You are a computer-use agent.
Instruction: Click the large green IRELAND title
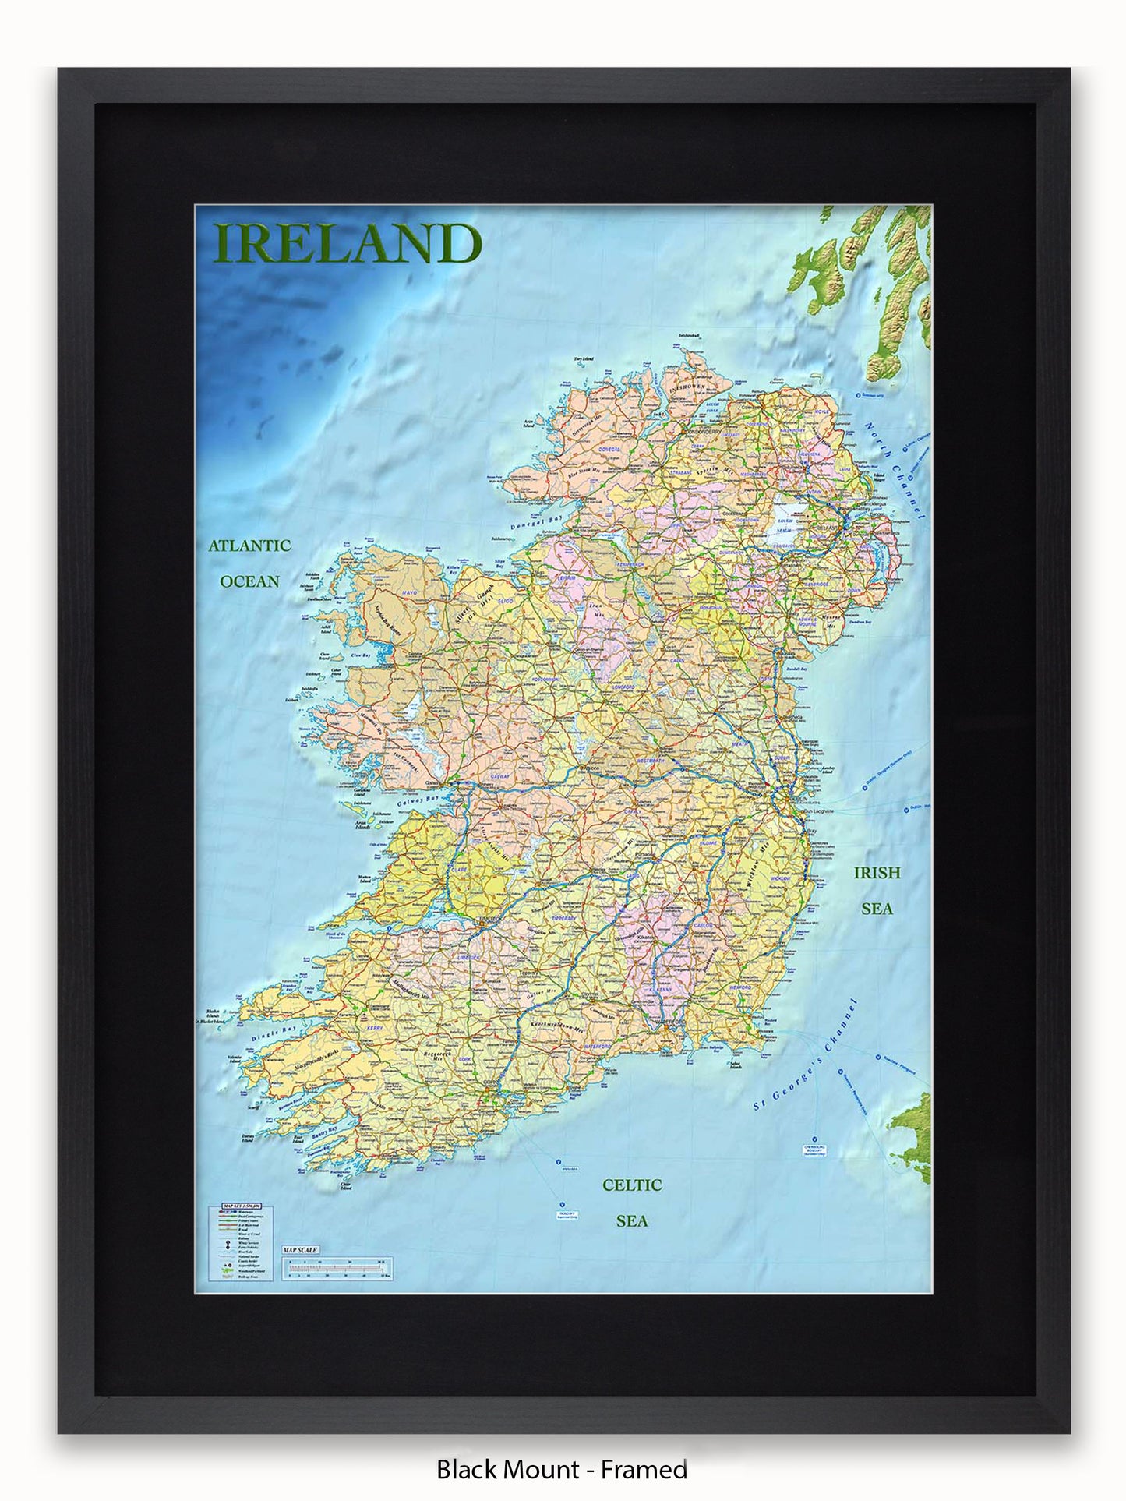347,244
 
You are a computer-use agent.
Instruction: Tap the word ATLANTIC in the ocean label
249,546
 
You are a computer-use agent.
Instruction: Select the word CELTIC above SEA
632,1185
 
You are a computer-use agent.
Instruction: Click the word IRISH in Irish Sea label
877,873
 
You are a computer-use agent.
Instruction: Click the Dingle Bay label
274,1034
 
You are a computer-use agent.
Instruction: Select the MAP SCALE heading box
300,1250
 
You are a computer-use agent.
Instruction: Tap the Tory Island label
584,359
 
